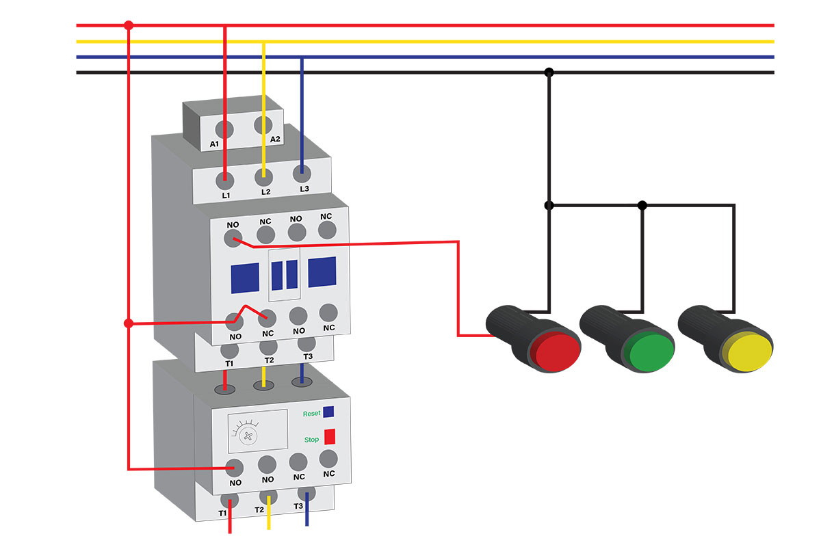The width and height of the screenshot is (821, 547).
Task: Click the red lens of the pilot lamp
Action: pos(557,351)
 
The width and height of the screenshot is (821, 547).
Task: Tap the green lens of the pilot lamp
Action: pos(651,351)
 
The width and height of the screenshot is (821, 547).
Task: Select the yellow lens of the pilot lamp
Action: pos(750,352)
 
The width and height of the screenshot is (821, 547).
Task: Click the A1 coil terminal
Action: pos(224,129)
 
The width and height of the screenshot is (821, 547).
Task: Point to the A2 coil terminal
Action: pos(263,125)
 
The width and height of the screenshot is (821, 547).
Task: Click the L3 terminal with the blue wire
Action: pos(302,174)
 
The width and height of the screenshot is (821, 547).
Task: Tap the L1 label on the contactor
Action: pos(226,196)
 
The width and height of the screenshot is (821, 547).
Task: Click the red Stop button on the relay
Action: pos(330,436)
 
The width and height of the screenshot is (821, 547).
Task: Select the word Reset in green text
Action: pos(311,414)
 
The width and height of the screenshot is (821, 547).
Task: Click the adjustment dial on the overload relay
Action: pos(248,436)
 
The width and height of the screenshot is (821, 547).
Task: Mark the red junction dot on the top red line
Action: pos(129,25)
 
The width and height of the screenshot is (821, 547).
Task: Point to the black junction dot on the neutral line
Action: pos(549,72)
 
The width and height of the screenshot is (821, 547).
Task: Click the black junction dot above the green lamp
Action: pos(642,206)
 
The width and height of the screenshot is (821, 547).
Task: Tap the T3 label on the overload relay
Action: pos(298,506)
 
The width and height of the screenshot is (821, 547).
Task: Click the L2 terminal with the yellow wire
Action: pos(264,177)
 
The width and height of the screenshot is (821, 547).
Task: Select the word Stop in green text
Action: pos(311,439)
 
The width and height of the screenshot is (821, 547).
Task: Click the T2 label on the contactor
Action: pos(269,360)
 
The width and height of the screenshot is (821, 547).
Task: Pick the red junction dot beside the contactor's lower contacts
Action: pos(129,323)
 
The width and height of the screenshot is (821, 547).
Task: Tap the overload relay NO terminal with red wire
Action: pos(235,468)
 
